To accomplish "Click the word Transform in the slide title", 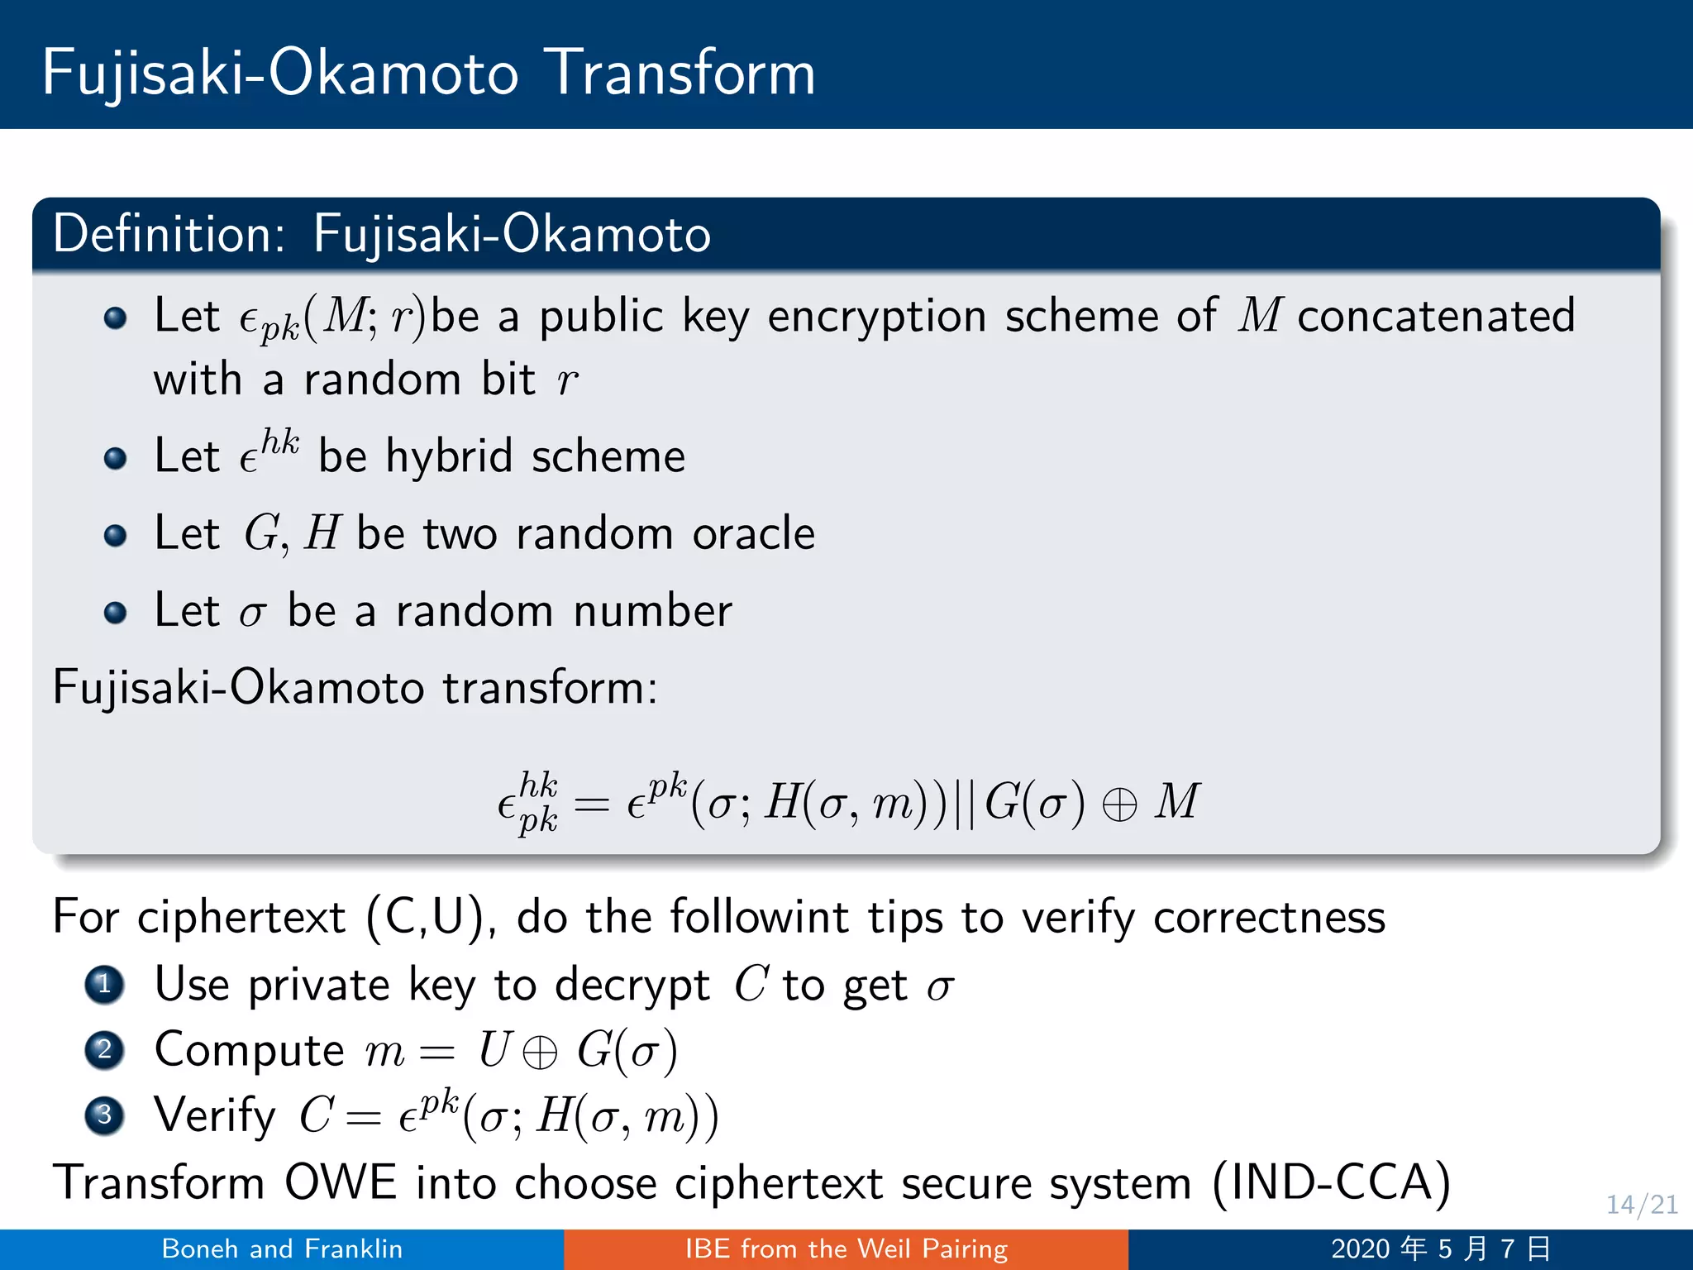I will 681,73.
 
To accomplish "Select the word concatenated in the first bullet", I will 1436,316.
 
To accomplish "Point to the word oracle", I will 753,533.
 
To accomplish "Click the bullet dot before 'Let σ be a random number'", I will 116,613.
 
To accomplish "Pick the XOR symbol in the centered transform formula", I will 1119,804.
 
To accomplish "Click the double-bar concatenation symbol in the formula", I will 964,803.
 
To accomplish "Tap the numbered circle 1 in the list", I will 104,985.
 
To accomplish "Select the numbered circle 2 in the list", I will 104,1050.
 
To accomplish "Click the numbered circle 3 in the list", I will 104,1115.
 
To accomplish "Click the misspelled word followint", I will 759,918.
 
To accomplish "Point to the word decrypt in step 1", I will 632,986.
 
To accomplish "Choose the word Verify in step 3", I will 215,1116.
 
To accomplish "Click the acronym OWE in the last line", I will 340,1182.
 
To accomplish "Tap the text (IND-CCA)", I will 1331,1182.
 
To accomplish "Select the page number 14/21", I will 1641,1205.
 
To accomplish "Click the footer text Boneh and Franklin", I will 282,1249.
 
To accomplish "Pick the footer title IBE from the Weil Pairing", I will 846,1249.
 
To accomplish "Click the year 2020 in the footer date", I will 1360,1249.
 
